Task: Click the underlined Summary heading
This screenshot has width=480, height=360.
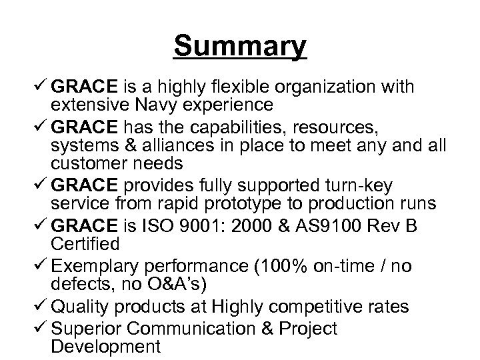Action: (x=240, y=47)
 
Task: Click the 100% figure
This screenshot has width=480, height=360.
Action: (x=280, y=267)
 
